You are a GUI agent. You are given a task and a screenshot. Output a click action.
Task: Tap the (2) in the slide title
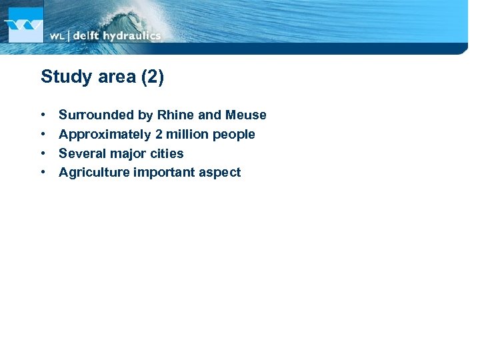click(x=151, y=77)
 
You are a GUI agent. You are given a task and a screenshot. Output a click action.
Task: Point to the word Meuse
click(x=245, y=115)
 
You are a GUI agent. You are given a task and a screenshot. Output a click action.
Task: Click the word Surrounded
click(x=96, y=115)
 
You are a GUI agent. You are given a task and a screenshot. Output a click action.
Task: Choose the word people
click(x=234, y=135)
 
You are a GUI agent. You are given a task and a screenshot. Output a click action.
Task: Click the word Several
click(x=81, y=153)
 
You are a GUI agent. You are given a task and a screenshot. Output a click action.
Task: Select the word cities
click(x=167, y=153)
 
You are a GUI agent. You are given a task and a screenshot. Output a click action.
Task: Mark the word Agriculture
click(x=94, y=173)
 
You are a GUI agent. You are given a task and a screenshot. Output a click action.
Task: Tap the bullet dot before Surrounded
click(x=43, y=115)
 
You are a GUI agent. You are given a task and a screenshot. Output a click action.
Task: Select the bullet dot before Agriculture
click(x=43, y=173)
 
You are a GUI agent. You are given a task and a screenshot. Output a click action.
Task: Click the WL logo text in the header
click(x=57, y=36)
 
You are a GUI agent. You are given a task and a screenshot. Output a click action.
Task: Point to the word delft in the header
click(x=86, y=36)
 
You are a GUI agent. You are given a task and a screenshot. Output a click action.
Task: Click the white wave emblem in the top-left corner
click(x=24, y=25)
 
